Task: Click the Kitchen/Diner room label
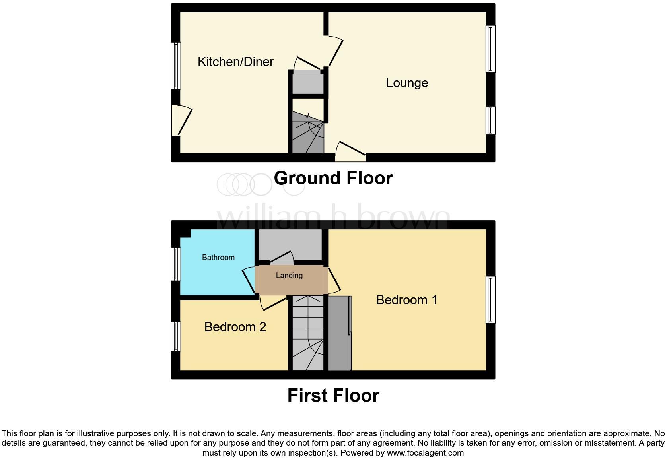pyautogui.click(x=235, y=62)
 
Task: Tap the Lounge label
pyautogui.click(x=407, y=83)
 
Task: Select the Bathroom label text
pyautogui.click(x=218, y=257)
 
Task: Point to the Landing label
pyautogui.click(x=289, y=275)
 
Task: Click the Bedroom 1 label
pyautogui.click(x=406, y=300)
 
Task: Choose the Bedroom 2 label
pyautogui.click(x=235, y=327)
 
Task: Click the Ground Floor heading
pyautogui.click(x=333, y=178)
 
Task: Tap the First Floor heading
pyautogui.click(x=333, y=396)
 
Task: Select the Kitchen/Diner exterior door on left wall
pyautogui.click(x=181, y=120)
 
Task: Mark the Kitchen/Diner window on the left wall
pyautogui.click(x=176, y=66)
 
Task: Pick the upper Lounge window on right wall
pyautogui.click(x=491, y=49)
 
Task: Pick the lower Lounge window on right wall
pyautogui.click(x=491, y=120)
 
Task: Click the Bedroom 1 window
pyautogui.click(x=491, y=300)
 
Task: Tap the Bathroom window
pyautogui.click(x=176, y=264)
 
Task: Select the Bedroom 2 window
pyautogui.click(x=176, y=336)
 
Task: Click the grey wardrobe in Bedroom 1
pyautogui.click(x=339, y=333)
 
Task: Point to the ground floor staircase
pyautogui.click(x=308, y=133)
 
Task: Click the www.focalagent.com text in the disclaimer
pyautogui.click(x=425, y=453)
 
